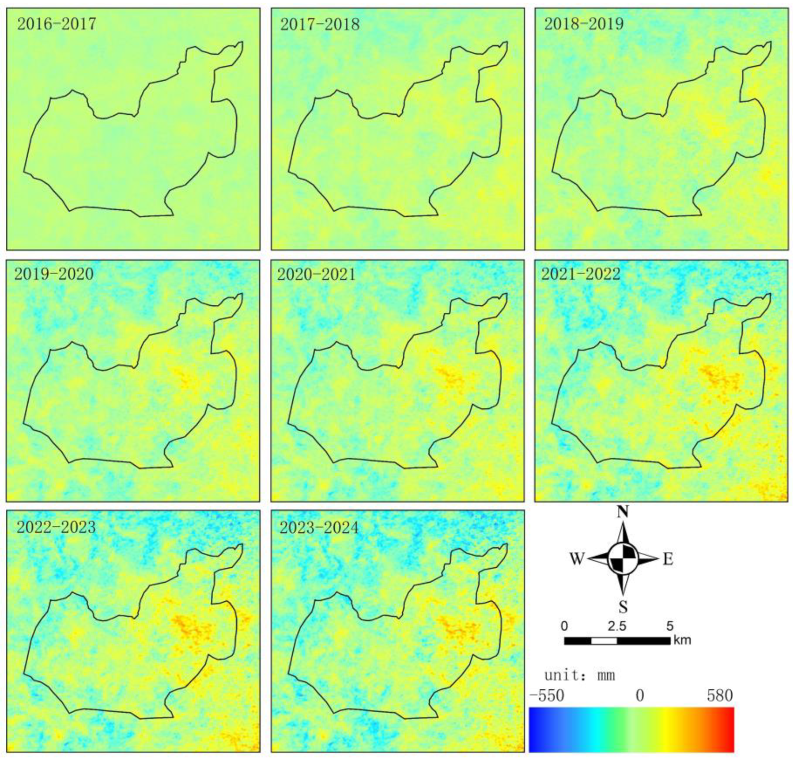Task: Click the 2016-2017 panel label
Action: (x=57, y=24)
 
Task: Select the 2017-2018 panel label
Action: (x=320, y=24)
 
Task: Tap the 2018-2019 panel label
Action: (x=583, y=24)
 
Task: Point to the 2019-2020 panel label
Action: (x=54, y=274)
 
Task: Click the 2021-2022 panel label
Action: (x=581, y=274)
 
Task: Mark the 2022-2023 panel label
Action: (x=56, y=527)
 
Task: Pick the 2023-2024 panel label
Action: (x=319, y=527)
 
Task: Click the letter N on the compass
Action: (x=623, y=512)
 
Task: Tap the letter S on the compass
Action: (x=623, y=607)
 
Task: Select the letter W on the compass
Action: (x=577, y=559)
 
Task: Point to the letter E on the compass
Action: (x=668, y=559)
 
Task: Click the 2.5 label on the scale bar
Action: (x=617, y=626)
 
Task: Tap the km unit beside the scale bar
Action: (x=682, y=640)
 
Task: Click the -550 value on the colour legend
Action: (x=547, y=696)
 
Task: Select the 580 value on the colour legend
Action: (x=720, y=696)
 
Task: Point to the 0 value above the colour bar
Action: (x=640, y=696)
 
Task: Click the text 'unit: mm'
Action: (x=579, y=676)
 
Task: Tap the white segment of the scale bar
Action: (x=604, y=641)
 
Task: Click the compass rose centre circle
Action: (x=623, y=559)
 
